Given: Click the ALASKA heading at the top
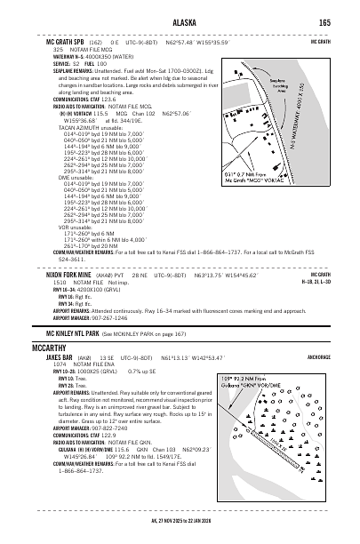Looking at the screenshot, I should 184,22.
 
